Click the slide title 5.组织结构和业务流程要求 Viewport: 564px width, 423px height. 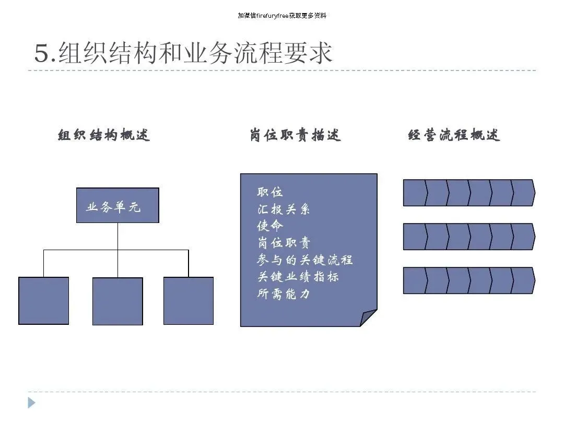(x=183, y=54)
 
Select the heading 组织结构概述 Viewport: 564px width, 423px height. (x=104, y=135)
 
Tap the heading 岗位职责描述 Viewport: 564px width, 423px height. (x=295, y=135)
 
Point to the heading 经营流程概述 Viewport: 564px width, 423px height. (x=454, y=135)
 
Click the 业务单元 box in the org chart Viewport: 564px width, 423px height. (x=118, y=206)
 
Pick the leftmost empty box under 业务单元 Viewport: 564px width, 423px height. (x=44, y=301)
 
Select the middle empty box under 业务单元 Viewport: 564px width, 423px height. (x=118, y=301)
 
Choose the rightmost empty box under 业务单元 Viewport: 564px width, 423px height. (x=189, y=301)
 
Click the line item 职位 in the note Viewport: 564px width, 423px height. (x=270, y=192)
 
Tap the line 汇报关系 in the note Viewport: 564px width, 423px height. (x=284, y=209)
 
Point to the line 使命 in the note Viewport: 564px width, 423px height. (x=270, y=226)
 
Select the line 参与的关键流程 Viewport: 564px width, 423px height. (x=305, y=260)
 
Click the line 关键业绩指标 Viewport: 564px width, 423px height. (x=298, y=277)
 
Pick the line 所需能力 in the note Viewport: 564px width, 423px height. (x=284, y=294)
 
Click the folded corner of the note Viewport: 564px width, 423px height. (x=369, y=318)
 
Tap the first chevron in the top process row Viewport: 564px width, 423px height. (x=415, y=193)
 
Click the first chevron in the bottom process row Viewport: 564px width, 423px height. (x=415, y=280)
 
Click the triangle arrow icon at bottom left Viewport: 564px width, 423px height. (x=32, y=403)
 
